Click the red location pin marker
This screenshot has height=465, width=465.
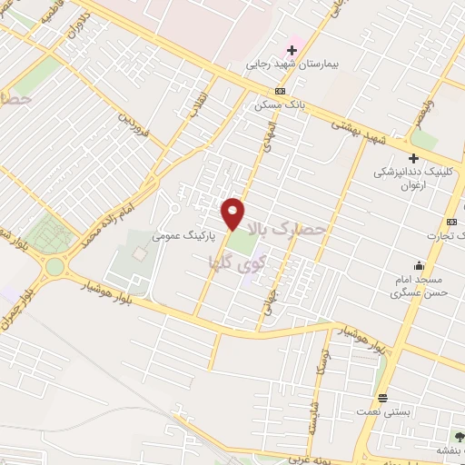(233, 213)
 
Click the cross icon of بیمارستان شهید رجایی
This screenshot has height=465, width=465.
(292, 49)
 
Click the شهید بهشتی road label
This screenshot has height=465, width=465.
(359, 131)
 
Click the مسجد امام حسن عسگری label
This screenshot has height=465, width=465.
(417, 287)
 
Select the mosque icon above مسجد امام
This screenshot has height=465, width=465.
(418, 265)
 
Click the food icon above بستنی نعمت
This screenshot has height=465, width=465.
(383, 398)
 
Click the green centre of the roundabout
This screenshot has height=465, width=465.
(55, 267)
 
